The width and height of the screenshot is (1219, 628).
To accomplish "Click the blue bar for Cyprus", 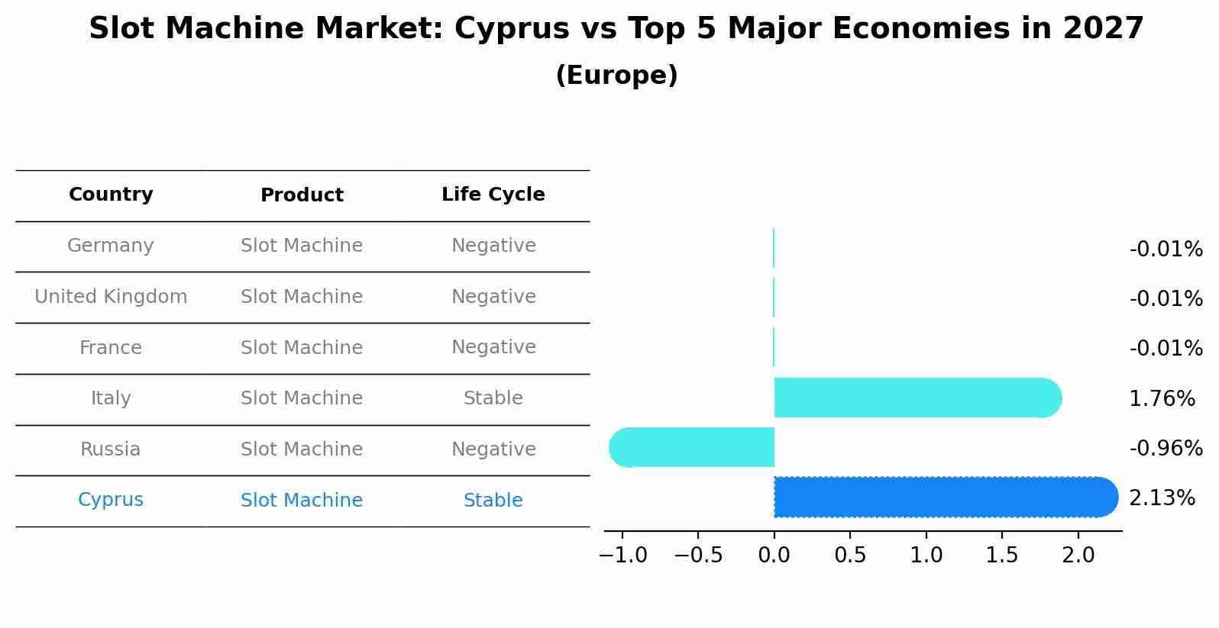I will pos(946,497).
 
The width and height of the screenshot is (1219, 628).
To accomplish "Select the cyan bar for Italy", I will pos(917,398).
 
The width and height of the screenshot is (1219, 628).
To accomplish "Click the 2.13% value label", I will pos(1161,498).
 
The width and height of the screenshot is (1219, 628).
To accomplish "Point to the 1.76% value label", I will pos(1161,398).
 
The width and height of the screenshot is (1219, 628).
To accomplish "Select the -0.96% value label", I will pos(1166,449).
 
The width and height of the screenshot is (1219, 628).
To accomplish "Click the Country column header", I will pos(111,195).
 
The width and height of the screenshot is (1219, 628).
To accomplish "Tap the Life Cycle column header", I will pos(493,195).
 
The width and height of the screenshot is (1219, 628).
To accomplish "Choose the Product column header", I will pos(302,195).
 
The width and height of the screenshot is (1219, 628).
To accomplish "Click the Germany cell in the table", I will pos(111,246).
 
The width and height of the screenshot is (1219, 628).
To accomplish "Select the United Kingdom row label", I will pos(111,297).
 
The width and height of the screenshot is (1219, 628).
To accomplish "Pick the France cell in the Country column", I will pos(111,348).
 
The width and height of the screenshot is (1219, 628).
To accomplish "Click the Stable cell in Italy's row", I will pos(493,398).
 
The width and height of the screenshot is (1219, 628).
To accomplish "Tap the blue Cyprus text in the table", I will pos(111,500).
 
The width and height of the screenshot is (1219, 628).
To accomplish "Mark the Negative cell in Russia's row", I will pos(493,449).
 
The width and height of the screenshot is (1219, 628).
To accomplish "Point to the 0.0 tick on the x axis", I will pos(774,556).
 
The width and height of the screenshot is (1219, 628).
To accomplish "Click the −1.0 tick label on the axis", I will pos(622,556).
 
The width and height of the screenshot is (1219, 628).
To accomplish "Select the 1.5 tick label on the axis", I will pos(1001,556).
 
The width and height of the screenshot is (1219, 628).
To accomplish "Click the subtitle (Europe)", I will pos(616,76).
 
